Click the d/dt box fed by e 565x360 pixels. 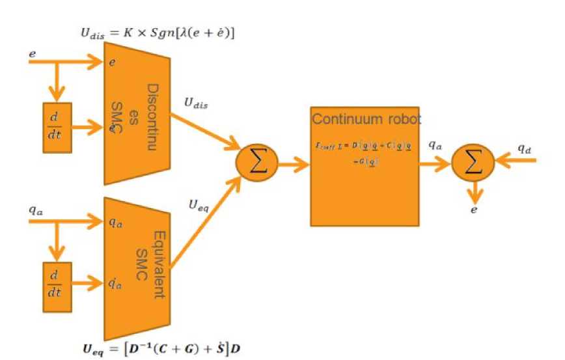pos(57,128)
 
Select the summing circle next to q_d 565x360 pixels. pos(474,163)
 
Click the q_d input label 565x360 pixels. pos(525,148)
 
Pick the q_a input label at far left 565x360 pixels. pos(36,210)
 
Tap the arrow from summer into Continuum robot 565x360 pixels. pos(294,164)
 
